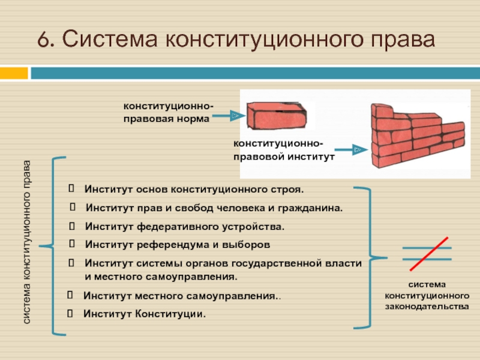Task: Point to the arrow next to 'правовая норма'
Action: pos(228,115)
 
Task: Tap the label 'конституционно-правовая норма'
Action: pos(167,112)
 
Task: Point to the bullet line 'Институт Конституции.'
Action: pos(144,314)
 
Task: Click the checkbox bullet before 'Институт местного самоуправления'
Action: pos(70,296)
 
